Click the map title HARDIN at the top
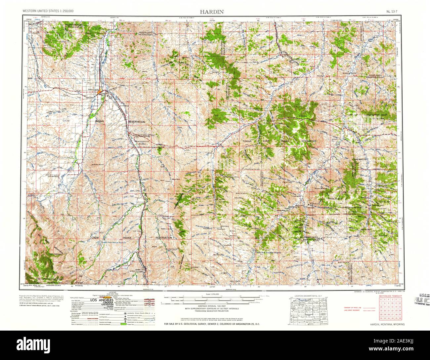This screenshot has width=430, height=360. pyautogui.click(x=211, y=12)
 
